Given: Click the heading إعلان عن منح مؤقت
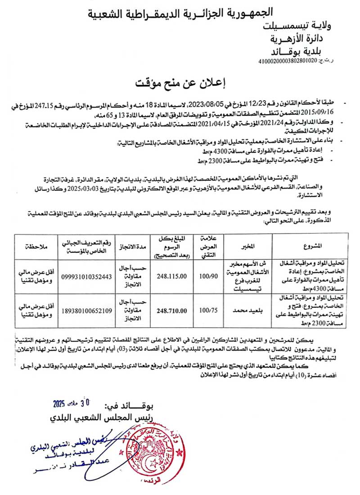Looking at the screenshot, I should pyautogui.click(x=180, y=83).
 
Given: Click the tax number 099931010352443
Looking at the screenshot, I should pyautogui.click(x=85, y=277).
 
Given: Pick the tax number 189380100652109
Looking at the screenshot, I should pyautogui.click(x=85, y=310).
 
